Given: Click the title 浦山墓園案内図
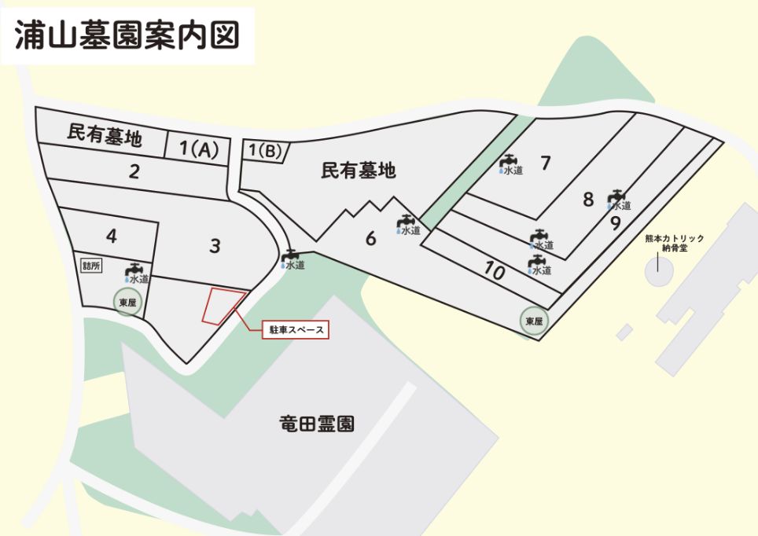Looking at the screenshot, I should click(127, 36).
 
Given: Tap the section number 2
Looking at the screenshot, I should click(134, 171).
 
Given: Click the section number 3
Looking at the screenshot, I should click(215, 246).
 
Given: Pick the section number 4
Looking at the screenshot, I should click(112, 236).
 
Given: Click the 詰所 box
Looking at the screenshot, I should click(91, 265).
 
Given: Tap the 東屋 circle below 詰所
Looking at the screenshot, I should click(128, 303).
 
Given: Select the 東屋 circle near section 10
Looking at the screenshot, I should click(534, 321).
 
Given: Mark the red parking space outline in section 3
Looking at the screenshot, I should click(223, 306).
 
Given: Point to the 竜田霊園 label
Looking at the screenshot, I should click(317, 424).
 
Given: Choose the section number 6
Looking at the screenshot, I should click(370, 238).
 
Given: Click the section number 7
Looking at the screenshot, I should click(546, 163).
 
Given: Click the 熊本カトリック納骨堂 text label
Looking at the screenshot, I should click(674, 242).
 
